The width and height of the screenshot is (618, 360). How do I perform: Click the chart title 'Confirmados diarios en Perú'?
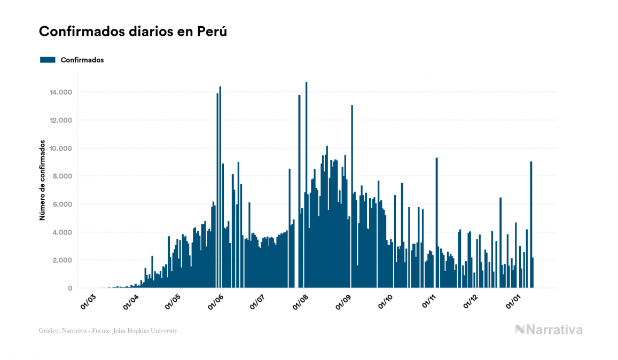pos(133,32)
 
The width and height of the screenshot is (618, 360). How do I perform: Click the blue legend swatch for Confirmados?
pos(48,60)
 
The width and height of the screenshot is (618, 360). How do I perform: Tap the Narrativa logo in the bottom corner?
pos(549,330)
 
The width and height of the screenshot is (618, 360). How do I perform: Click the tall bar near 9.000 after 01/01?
pos(531,224)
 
